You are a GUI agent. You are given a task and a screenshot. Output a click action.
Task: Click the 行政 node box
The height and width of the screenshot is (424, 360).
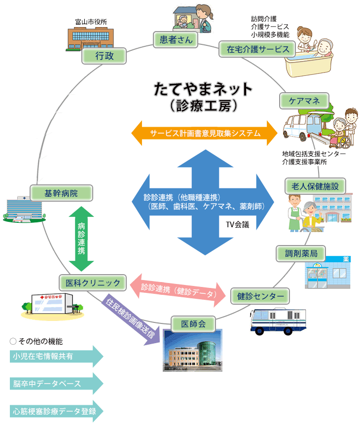coord(104,56)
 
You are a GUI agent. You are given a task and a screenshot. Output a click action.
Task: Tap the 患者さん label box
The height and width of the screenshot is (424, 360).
coord(176,39)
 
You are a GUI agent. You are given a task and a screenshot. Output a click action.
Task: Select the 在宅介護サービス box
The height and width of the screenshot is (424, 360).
coord(257,49)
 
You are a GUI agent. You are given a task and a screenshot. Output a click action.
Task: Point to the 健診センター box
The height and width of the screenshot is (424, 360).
coord(260,296)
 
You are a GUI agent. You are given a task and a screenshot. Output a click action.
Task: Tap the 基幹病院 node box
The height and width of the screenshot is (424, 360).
coord(61,193)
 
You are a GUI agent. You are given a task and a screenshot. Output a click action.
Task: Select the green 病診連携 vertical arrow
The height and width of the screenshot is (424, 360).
coord(81,238)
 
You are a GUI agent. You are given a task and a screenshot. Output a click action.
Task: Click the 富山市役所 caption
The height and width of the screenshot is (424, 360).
coord(91,21)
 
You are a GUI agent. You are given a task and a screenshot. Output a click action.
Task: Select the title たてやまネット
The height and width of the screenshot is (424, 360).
coord(203,89)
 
